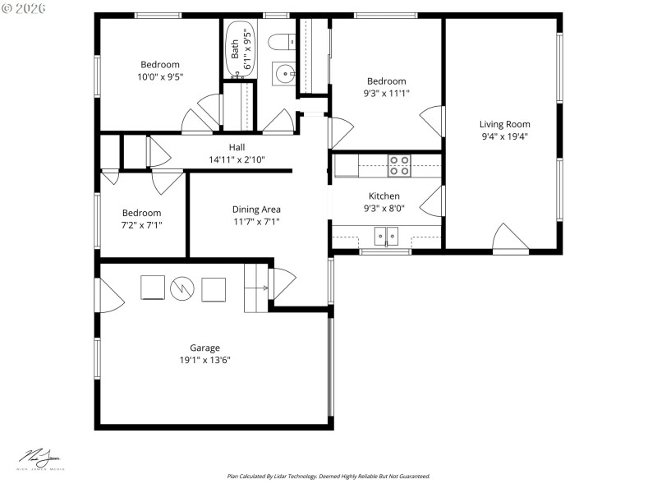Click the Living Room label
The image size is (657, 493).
[504, 124]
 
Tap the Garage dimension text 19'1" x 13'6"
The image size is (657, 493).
[204, 360]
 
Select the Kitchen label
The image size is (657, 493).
[384, 196]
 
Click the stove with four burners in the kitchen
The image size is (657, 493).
[399, 166]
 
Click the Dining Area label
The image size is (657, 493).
[256, 210]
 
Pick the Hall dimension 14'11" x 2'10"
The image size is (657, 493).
[237, 159]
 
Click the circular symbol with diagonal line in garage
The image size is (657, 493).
[181, 288]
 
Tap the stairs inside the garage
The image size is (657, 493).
[256, 288]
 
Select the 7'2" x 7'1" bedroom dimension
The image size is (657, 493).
[141, 224]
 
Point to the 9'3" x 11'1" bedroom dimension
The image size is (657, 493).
[386, 93]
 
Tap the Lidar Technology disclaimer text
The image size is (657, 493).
[328, 476]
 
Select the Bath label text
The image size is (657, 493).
[235, 49]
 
